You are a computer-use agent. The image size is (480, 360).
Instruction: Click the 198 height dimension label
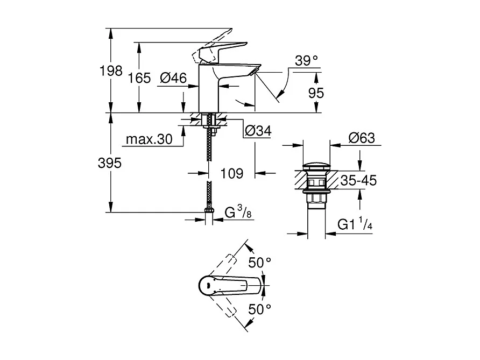tap(114, 70)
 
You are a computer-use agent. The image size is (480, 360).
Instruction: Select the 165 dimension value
tap(139, 78)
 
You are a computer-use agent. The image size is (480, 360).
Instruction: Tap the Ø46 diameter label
tap(173, 78)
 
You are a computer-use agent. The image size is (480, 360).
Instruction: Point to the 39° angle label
tap(307, 61)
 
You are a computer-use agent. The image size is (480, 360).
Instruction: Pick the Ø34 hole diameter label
tap(258, 130)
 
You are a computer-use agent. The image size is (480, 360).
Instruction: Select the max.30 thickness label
tap(149, 140)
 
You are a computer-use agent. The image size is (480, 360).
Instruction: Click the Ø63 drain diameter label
tap(361, 138)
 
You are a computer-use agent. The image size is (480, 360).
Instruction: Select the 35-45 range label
tap(358, 181)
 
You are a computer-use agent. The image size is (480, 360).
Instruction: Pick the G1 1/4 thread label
tap(355, 225)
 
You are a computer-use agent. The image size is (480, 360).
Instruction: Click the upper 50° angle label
tap(259, 263)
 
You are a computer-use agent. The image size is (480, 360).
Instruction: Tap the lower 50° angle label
tap(259, 309)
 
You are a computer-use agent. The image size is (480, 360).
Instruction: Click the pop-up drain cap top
tap(316, 166)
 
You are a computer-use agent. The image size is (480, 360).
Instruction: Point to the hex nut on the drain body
tap(316, 199)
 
